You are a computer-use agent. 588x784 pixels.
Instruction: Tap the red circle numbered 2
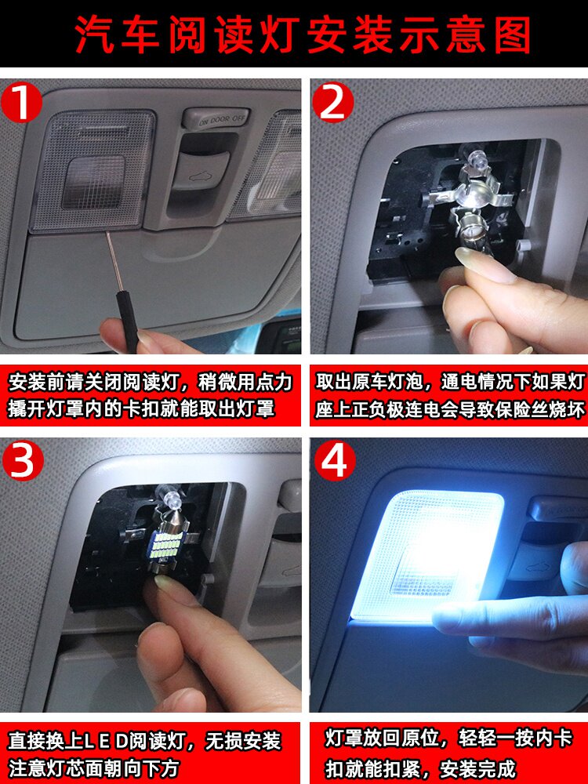pyautogui.click(x=332, y=103)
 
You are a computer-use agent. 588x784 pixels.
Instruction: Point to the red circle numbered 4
pyautogui.click(x=332, y=462)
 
